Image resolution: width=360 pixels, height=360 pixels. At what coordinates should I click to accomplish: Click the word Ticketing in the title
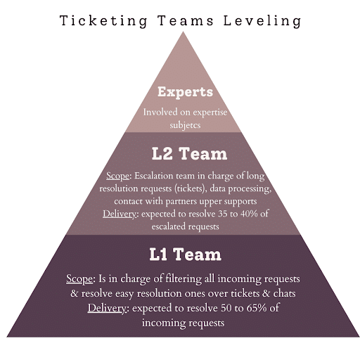[103, 21]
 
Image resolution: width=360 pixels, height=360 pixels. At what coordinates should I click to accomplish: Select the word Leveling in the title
[262, 21]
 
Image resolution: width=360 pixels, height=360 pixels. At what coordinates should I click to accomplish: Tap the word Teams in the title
[186, 20]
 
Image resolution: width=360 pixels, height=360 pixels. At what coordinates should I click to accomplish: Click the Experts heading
[185, 91]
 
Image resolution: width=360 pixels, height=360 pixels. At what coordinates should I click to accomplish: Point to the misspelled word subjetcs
[185, 125]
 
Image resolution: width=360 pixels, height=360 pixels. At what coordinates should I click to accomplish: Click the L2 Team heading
[189, 154]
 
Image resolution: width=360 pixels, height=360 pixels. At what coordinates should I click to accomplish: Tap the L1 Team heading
[185, 255]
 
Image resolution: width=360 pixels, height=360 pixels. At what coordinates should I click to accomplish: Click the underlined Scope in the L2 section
[117, 176]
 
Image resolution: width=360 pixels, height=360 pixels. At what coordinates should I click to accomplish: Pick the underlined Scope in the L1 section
[79, 279]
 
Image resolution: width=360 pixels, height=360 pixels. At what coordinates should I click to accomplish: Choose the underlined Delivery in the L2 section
[120, 214]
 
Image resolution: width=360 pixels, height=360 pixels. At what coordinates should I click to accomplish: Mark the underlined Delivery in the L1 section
[107, 308]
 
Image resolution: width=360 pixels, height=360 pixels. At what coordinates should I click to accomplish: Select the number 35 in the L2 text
[222, 214]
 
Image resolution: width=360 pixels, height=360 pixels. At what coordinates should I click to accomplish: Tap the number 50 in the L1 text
[226, 308]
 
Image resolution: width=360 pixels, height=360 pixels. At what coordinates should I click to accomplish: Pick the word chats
[284, 293]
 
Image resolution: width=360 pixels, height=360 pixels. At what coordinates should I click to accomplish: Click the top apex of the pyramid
[183, 32]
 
